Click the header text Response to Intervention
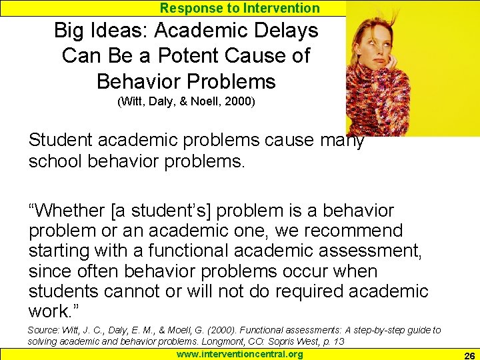tap(240, 8)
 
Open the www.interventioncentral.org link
tap(239, 354)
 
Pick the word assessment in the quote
tap(373, 251)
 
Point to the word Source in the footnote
tap(43, 330)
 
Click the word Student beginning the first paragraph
tap(63, 141)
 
